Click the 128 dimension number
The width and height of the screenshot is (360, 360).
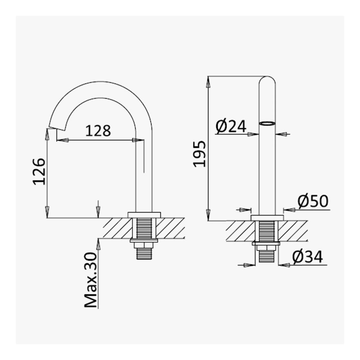98,131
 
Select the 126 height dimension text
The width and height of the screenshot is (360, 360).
39,171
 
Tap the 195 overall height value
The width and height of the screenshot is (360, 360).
199,154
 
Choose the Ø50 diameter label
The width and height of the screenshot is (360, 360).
313,201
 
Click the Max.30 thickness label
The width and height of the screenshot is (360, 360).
91,280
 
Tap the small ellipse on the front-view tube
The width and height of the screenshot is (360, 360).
267,123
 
